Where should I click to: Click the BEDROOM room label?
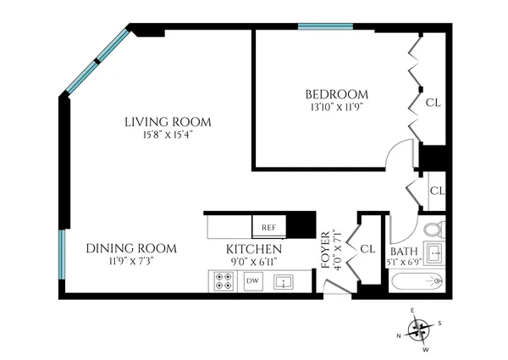(336, 93)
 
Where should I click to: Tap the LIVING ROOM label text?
(168, 122)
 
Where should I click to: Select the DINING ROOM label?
(131, 248)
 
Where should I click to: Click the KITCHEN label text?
(253, 250)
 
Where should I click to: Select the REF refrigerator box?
(268, 228)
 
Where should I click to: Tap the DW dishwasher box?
(251, 280)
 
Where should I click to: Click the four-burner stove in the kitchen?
(225, 280)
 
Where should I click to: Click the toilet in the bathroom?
(432, 230)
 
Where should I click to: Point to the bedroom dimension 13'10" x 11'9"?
(336, 108)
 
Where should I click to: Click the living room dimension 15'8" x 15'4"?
(168, 136)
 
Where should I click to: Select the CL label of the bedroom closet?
(433, 102)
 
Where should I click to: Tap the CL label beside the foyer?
(367, 249)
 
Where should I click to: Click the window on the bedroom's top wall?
(325, 27)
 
